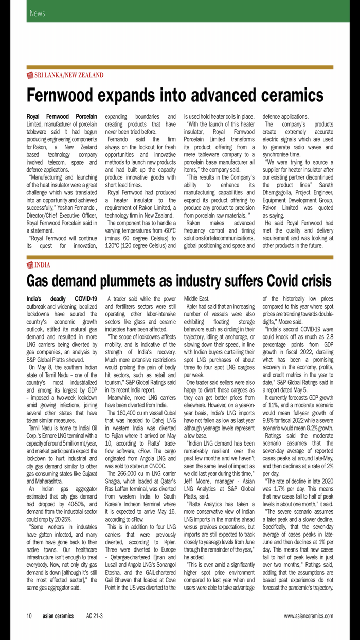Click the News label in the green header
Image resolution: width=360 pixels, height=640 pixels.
(x=37, y=13)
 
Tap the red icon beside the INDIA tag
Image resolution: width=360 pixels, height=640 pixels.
(x=30, y=265)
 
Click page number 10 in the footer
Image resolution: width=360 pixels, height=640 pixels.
(x=30, y=616)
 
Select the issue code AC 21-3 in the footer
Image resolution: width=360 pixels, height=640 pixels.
(x=95, y=616)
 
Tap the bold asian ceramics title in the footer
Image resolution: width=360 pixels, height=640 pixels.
(x=58, y=616)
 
